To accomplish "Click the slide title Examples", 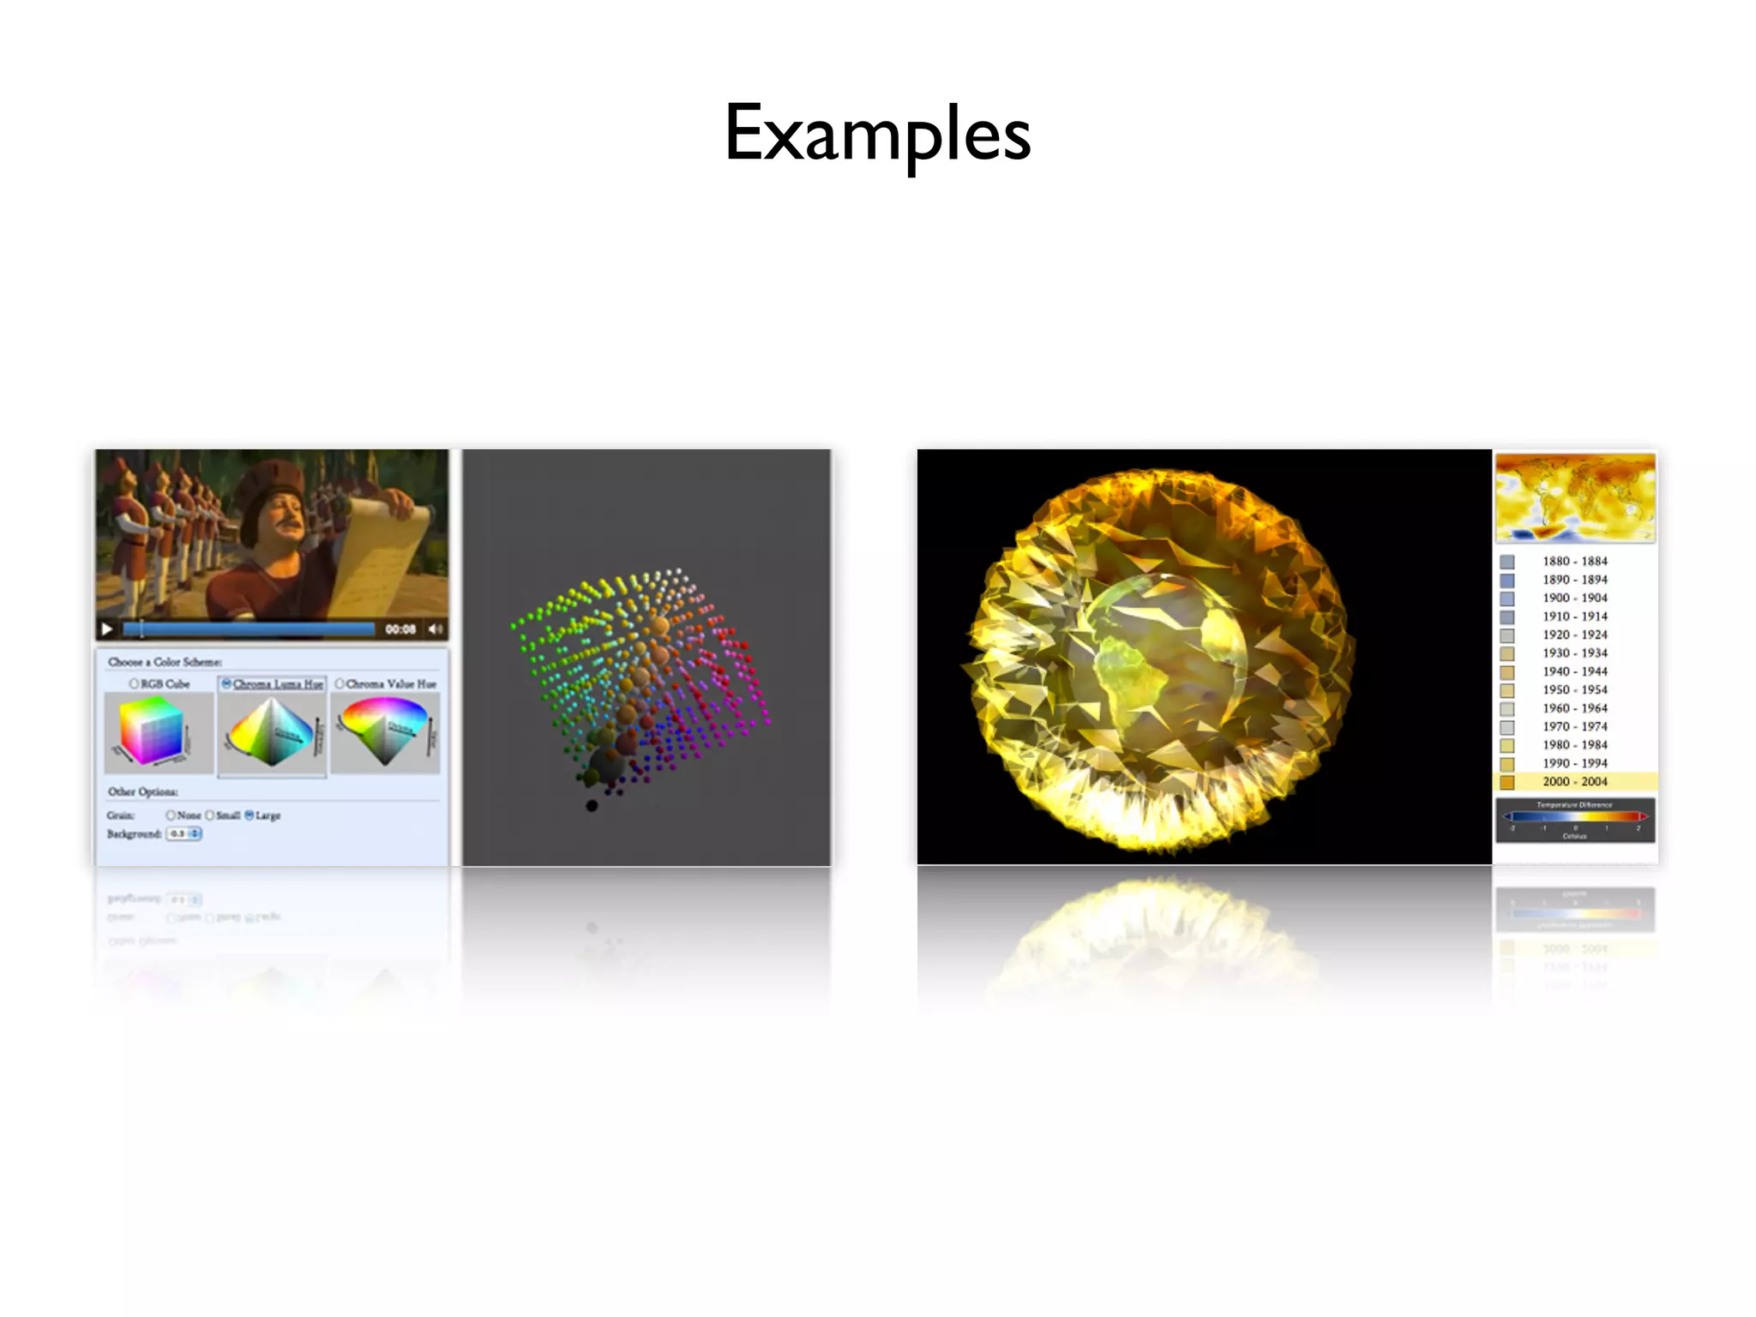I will pos(877,133).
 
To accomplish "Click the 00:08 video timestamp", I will pos(400,629).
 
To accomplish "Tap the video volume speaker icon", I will pos(436,629).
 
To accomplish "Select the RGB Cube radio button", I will pos(134,683).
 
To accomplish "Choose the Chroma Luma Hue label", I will pos(278,683).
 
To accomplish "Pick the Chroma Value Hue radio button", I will pos(340,683).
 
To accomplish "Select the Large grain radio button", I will pos(250,815).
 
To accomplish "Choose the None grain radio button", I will pos(171,815).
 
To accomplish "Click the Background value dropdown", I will pos(184,833).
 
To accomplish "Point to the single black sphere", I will pos(592,805).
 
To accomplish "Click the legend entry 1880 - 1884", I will pos(1574,562).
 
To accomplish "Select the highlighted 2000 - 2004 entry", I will pos(1574,782).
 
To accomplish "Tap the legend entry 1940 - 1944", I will pos(1574,671).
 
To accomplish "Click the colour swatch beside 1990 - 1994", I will pos(1506,764).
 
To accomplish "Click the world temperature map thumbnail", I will pos(1575,497).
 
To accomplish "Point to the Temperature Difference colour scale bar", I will pos(1575,816).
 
